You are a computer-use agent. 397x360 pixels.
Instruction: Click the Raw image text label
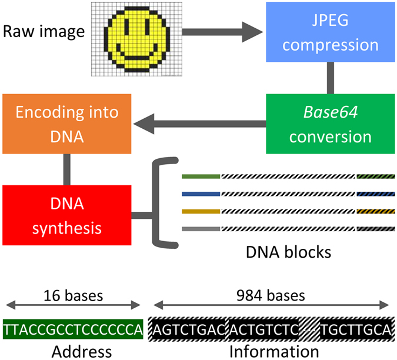pos(45,31)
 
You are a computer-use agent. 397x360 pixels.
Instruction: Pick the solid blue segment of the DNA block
pos(201,194)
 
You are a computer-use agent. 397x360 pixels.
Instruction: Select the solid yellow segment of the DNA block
pos(201,211)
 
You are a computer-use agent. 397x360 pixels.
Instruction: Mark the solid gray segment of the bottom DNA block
pos(201,229)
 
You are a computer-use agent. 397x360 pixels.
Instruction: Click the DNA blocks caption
pos(288,253)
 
